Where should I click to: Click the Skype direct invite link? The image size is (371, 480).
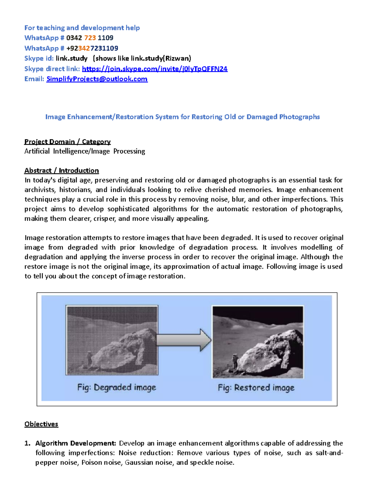click(x=155, y=69)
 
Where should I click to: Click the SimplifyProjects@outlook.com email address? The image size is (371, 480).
click(x=97, y=79)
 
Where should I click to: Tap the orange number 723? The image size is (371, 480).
click(x=90, y=38)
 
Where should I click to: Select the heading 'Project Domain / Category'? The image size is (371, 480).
click(x=67, y=142)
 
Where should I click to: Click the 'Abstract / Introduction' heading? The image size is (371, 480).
click(x=62, y=171)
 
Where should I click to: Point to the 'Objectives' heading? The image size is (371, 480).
click(x=41, y=424)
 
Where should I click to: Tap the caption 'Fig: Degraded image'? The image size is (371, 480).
click(x=117, y=388)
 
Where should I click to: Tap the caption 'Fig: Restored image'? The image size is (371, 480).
click(x=256, y=388)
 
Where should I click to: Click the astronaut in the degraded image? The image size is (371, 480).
click(x=89, y=359)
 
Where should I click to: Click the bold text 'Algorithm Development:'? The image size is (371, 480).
click(x=76, y=443)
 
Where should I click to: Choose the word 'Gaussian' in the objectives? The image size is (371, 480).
click(x=139, y=462)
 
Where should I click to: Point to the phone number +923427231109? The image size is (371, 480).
click(x=92, y=48)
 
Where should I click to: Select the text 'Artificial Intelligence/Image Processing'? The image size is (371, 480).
click(x=85, y=151)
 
